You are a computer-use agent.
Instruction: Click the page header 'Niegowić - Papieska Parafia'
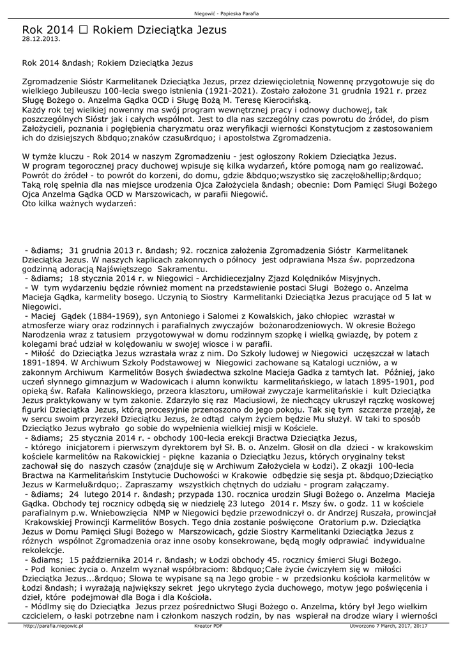[x=231, y=13]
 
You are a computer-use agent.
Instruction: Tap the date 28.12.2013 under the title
[x=41, y=39]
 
